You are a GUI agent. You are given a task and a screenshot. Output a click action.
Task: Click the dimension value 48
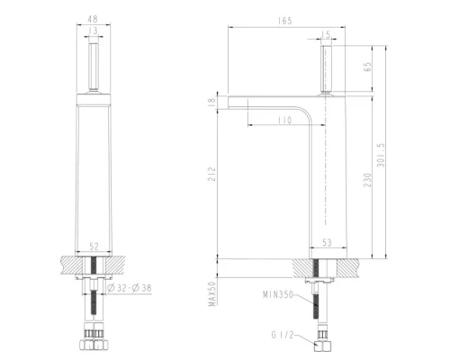(94, 16)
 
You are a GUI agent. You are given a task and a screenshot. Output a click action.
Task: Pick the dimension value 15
(326, 34)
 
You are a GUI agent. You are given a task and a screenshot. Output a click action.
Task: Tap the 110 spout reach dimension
(284, 120)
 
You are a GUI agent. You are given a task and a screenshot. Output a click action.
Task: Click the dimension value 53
(328, 242)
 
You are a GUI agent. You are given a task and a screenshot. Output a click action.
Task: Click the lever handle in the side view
(326, 68)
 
